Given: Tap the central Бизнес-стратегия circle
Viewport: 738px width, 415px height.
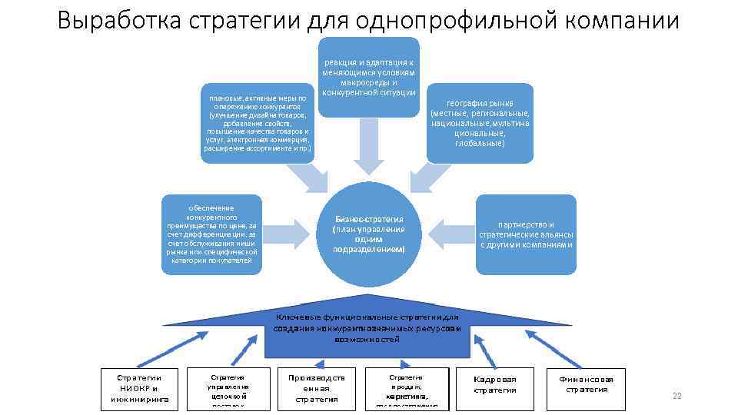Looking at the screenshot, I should pyautogui.click(x=368, y=234).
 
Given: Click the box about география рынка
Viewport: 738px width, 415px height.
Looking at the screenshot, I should pyautogui.click(x=480, y=122).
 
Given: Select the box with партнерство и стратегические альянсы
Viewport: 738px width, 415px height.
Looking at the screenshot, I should pyautogui.click(x=526, y=234).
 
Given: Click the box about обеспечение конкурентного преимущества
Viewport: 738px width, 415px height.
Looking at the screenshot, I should pyautogui.click(x=212, y=234).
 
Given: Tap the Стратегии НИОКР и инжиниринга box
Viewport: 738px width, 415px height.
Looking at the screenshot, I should pyautogui.click(x=139, y=388).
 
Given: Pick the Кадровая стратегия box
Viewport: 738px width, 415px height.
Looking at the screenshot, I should pyautogui.click(x=495, y=385).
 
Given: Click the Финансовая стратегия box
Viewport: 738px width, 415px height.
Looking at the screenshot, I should pyautogui.click(x=587, y=384).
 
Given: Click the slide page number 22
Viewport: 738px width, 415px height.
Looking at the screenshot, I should pyautogui.click(x=676, y=396).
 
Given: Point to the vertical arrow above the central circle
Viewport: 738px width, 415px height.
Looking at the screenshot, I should pyautogui.click(x=368, y=146).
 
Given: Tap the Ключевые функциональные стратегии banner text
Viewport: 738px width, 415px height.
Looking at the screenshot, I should pyautogui.click(x=367, y=327).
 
